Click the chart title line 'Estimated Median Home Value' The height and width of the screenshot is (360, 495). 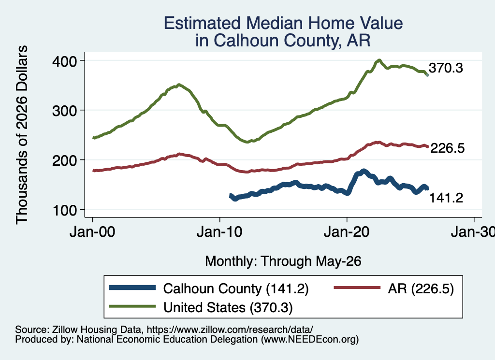point(283,23)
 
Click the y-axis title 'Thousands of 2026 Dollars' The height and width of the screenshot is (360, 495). point(22,135)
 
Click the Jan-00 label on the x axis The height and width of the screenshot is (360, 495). point(92,232)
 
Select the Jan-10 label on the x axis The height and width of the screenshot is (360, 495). point(219,232)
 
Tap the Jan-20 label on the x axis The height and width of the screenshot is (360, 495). point(347,232)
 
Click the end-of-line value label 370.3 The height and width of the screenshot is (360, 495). point(446,68)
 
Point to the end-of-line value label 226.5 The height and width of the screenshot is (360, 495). point(447,148)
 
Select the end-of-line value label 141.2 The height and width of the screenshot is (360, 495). point(446,198)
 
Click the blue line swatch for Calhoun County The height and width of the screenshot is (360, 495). point(132,288)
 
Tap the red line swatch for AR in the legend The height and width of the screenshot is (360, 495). point(357,288)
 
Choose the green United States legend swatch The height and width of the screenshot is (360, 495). point(132,306)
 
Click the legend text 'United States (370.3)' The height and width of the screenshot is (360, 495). point(228,307)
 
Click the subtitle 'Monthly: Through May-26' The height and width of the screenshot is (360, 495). point(283,261)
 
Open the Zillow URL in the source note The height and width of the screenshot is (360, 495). point(230,330)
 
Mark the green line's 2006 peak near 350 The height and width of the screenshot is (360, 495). point(179,85)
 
